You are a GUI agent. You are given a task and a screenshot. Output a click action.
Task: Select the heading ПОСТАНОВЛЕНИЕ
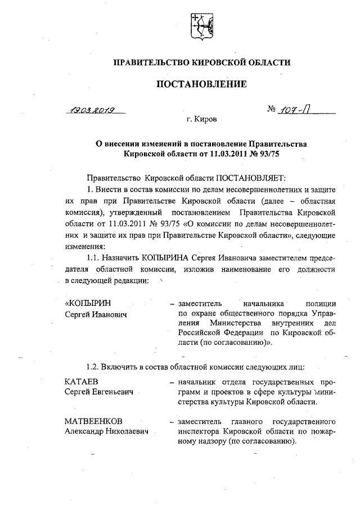[201, 85]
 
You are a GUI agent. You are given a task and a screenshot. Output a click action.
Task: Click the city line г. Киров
[201, 120]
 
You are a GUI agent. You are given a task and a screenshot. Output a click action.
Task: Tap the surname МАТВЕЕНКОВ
[93, 421]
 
